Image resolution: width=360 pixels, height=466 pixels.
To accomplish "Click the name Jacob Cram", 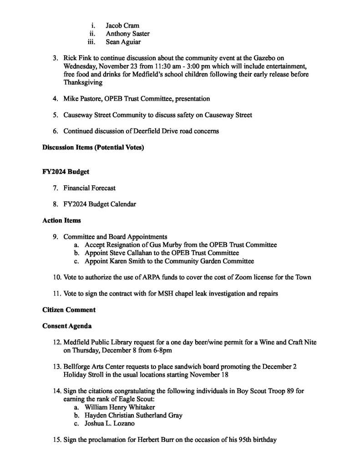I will pos(122,26).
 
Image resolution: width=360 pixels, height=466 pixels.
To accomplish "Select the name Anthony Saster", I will pos(127,34).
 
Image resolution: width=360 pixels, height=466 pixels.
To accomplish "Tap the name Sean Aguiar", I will pos(123,42).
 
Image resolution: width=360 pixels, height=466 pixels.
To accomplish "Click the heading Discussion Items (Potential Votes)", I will pos(93,148).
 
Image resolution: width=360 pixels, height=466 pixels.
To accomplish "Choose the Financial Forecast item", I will pos(90,188).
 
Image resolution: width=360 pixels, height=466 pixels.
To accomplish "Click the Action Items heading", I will pos(61,220).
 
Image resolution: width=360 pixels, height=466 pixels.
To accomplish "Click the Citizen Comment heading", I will pos(69,310).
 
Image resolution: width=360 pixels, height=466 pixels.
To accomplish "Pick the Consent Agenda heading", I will pos(67,326).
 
